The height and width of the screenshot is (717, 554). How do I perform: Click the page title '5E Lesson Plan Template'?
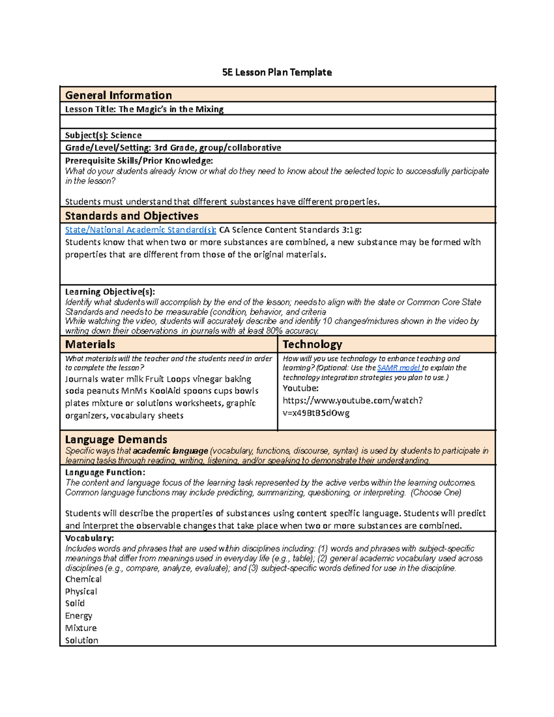pyautogui.click(x=277, y=72)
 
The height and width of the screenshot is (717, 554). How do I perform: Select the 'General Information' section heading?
pyautogui.click(x=119, y=95)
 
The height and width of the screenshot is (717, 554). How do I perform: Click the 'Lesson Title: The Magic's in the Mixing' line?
pyautogui.click(x=144, y=109)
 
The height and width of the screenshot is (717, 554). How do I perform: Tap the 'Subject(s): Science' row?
pyautogui.click(x=103, y=135)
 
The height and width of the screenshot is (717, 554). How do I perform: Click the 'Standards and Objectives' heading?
pyautogui.click(x=132, y=216)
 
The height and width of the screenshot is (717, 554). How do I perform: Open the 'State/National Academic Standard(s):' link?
pyautogui.click(x=140, y=229)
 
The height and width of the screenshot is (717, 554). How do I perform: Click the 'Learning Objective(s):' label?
pyautogui.click(x=110, y=291)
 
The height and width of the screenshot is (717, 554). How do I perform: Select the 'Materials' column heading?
pyautogui.click(x=90, y=344)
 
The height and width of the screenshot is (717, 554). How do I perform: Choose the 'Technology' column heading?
pyautogui.click(x=312, y=344)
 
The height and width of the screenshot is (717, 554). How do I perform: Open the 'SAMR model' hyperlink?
pyautogui.click(x=398, y=368)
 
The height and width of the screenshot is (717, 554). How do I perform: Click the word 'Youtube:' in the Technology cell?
pyautogui.click(x=301, y=388)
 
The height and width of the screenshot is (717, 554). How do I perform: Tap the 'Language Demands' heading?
pyautogui.click(x=116, y=439)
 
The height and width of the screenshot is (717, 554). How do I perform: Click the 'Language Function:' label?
pyautogui.click(x=105, y=472)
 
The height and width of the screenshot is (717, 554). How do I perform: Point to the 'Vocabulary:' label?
pyautogui.click(x=89, y=538)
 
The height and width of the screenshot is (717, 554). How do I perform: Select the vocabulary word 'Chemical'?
pyautogui.click(x=83, y=579)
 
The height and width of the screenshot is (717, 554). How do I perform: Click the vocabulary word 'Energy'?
pyautogui.click(x=78, y=615)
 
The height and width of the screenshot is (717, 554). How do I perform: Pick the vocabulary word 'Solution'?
pyautogui.click(x=81, y=640)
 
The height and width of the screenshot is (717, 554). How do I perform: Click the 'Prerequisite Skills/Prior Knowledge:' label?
pyautogui.click(x=139, y=160)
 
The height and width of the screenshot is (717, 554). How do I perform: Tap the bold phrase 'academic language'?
pyautogui.click(x=170, y=451)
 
